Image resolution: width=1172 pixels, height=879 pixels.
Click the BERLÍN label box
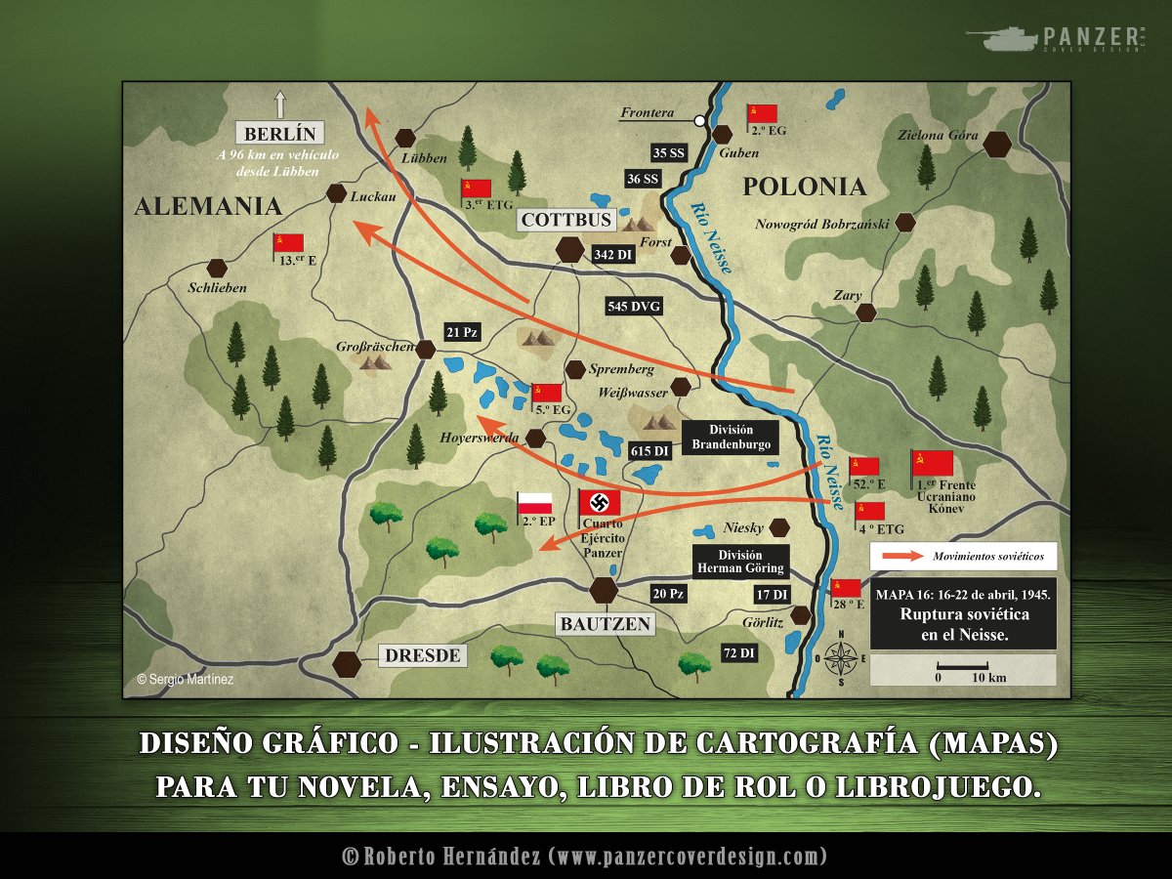coord(280,134)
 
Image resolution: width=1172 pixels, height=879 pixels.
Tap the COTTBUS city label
coord(567,220)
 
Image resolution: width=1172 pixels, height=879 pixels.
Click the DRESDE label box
coord(422,655)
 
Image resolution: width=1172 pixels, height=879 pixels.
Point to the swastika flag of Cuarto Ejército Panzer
coord(600,503)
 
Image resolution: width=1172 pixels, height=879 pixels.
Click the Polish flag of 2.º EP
coord(534,504)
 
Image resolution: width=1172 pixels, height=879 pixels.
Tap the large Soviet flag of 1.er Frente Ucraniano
coord(933,462)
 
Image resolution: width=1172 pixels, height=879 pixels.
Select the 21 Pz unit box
coord(462,332)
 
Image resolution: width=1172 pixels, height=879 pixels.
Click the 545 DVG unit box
coord(634,307)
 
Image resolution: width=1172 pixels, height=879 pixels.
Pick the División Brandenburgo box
coord(732,437)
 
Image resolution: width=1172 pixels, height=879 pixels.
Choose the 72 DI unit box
coord(738,653)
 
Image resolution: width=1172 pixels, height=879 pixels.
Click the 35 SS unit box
coord(670,152)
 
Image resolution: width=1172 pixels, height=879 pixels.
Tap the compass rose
coord(841,658)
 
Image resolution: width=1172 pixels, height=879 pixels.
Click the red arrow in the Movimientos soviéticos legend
coord(900,556)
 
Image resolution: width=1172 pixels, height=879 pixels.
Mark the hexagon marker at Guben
coord(723,134)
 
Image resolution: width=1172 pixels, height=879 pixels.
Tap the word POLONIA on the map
coord(805,187)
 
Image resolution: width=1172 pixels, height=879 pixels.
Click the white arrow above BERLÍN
coord(280,104)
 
